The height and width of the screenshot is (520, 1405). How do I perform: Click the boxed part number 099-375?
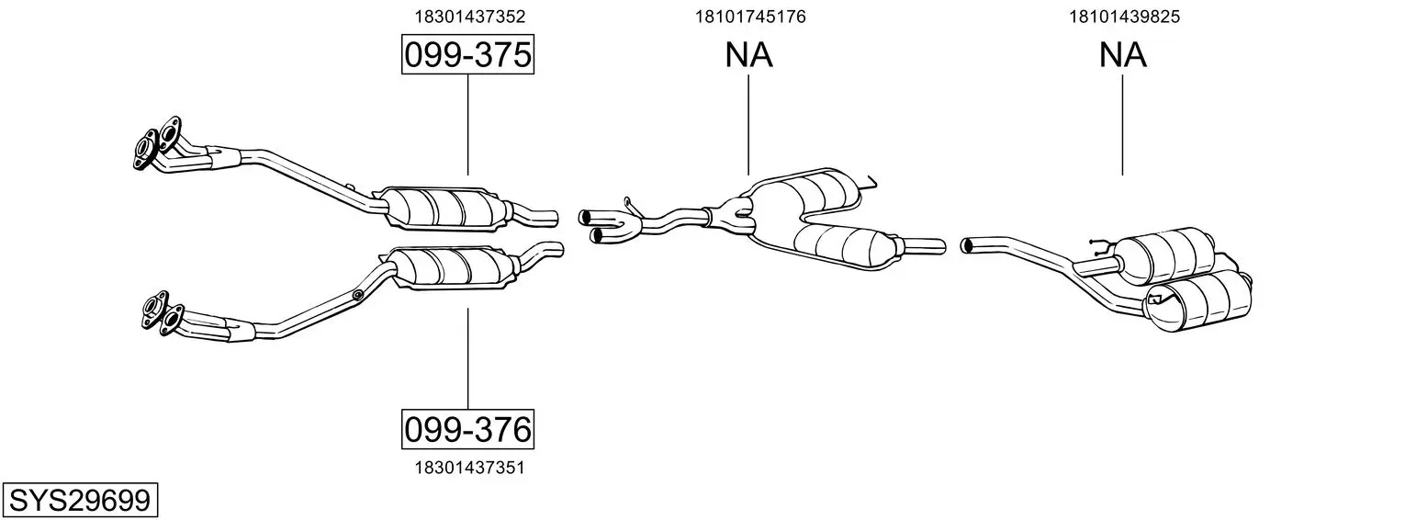(x=468, y=54)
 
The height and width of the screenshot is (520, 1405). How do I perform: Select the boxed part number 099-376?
(x=468, y=429)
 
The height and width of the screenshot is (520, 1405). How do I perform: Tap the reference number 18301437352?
(x=469, y=17)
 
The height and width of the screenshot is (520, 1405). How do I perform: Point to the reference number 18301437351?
(x=469, y=468)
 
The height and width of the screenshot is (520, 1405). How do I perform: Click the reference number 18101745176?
(x=749, y=17)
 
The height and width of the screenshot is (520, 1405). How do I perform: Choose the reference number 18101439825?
(x=1124, y=17)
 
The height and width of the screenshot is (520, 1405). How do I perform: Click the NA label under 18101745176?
(x=749, y=54)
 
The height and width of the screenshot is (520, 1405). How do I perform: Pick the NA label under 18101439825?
(x=1123, y=54)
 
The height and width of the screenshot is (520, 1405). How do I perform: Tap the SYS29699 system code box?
(x=80, y=501)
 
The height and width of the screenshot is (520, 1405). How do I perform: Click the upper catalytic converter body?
(x=446, y=209)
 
